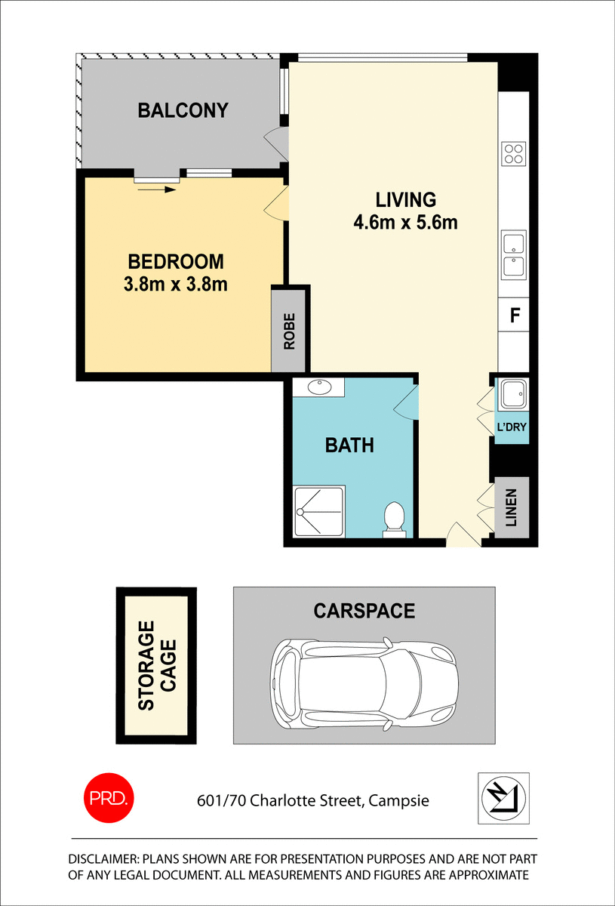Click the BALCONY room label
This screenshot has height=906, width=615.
click(x=183, y=110)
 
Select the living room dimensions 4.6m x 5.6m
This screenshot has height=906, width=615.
click(x=406, y=223)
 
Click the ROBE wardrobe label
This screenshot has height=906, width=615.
click(x=290, y=331)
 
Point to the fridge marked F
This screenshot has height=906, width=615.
click(x=515, y=316)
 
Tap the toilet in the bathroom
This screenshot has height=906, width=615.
click(x=394, y=519)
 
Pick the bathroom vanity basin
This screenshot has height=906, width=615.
click(x=319, y=387)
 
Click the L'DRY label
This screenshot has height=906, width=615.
click(x=511, y=427)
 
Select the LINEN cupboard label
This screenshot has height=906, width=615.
click(x=512, y=507)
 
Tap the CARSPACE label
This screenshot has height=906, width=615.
click(x=364, y=610)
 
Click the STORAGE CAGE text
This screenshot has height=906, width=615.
click(x=157, y=665)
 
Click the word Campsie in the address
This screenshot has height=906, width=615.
click(x=398, y=800)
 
